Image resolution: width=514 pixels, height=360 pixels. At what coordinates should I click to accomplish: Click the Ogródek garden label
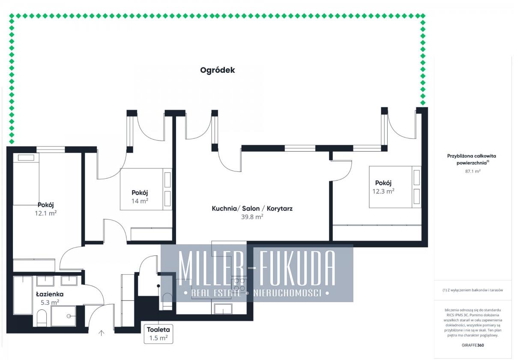(x=217, y=70)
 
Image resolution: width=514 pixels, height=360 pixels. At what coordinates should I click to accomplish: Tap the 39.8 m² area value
(x=252, y=217)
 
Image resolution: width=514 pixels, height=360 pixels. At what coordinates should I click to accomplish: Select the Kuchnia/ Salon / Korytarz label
(x=252, y=208)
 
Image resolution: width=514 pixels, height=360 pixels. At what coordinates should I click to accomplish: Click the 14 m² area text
(x=140, y=201)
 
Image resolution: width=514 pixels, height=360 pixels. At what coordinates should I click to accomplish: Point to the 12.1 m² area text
(x=46, y=213)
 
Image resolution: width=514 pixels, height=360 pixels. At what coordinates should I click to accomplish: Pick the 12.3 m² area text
(x=383, y=191)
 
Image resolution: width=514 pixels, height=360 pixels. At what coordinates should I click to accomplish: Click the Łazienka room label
(x=50, y=294)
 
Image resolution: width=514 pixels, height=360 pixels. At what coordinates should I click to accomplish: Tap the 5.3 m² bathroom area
(x=50, y=302)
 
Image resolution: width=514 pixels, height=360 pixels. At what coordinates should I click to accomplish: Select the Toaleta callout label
(x=158, y=330)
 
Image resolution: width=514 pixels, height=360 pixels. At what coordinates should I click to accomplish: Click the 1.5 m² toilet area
(x=158, y=338)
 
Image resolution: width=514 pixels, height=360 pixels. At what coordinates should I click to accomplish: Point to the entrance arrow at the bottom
(x=102, y=333)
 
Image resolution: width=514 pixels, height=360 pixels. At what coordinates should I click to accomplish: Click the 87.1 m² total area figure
(x=473, y=171)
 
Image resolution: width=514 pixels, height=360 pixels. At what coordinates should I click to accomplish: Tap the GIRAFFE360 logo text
(x=473, y=345)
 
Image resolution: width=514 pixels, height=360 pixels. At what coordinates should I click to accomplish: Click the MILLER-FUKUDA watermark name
(x=257, y=268)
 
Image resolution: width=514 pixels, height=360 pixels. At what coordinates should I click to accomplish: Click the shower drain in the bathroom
(x=69, y=316)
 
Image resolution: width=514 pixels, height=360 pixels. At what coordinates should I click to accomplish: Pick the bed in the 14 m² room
(x=146, y=189)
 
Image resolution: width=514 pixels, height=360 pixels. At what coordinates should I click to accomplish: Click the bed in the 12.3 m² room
(x=395, y=187)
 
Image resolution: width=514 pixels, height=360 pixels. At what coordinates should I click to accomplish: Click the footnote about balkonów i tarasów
(x=473, y=290)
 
